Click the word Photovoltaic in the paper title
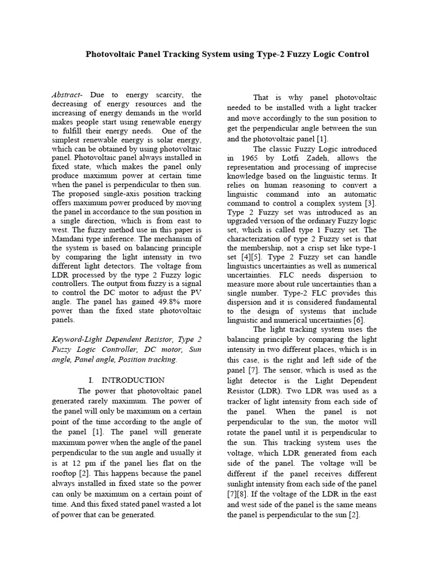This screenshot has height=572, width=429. pos(110,54)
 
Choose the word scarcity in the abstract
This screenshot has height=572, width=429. pos(156,96)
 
